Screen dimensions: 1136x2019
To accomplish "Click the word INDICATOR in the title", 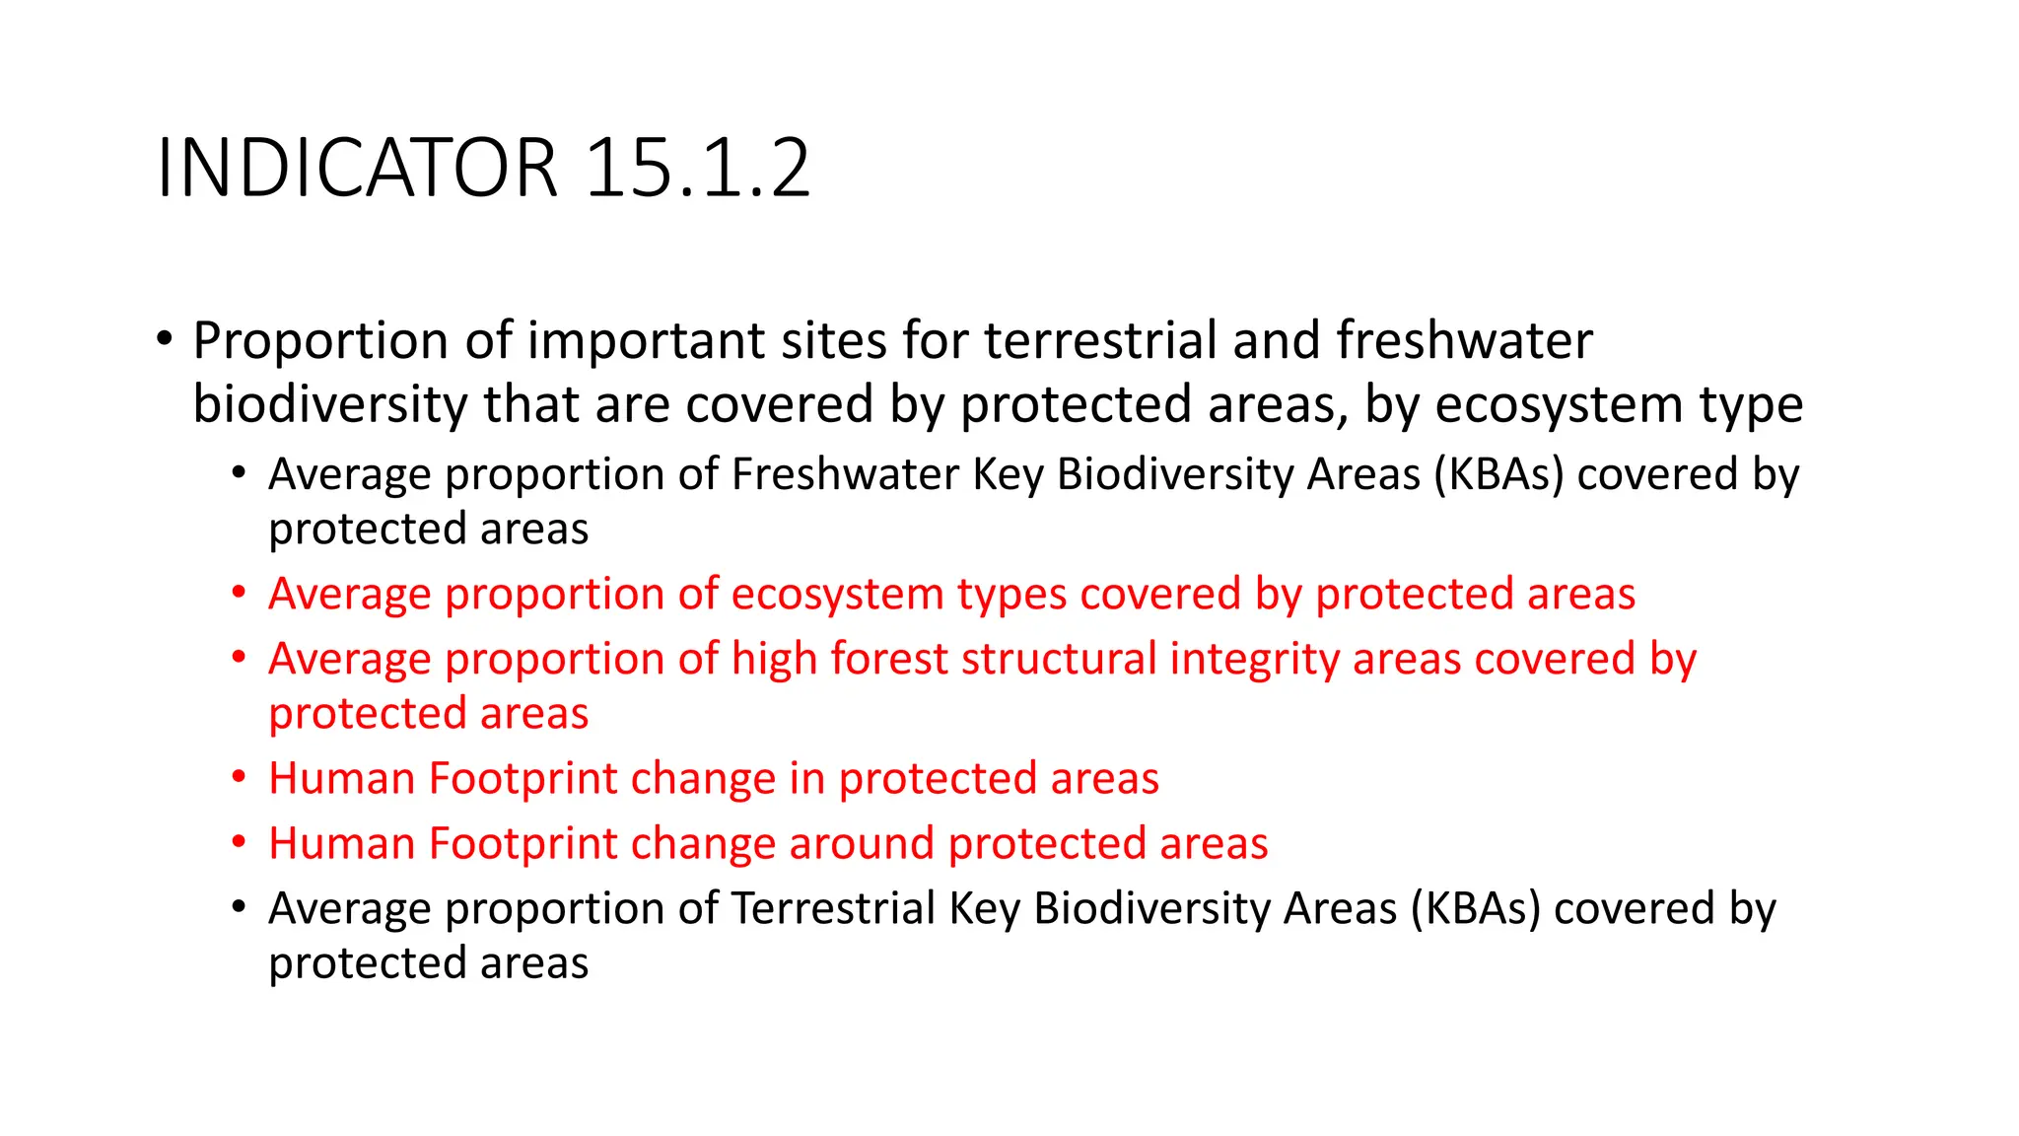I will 356,168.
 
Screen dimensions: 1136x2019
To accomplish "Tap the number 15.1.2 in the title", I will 698,168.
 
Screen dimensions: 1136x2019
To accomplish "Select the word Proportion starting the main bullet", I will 320,341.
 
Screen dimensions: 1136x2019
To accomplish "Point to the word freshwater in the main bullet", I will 1464,341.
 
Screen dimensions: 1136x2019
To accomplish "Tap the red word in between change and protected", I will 807,779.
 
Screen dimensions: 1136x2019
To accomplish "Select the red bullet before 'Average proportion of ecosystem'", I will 239,594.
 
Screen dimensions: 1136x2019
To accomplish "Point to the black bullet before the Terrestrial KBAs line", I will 239,907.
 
